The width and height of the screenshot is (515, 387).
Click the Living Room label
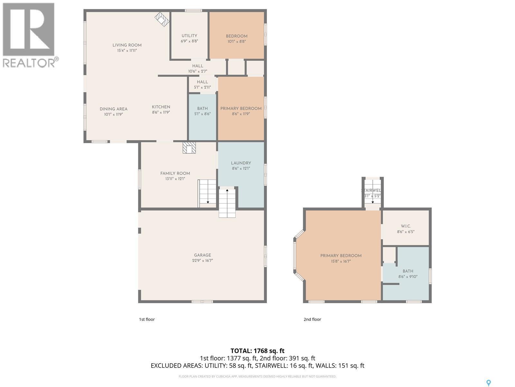[x=127, y=45]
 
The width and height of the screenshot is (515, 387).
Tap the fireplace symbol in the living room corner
[x=162, y=19]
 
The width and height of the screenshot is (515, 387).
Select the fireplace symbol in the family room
[x=189, y=148]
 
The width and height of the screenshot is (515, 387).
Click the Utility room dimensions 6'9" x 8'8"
[x=189, y=41]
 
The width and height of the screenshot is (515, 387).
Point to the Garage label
[x=202, y=255]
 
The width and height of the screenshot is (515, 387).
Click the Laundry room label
[x=241, y=163]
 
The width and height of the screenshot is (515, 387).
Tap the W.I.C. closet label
[x=406, y=226]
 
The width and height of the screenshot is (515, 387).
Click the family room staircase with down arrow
[x=207, y=193]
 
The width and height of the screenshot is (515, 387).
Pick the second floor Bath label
[x=408, y=271]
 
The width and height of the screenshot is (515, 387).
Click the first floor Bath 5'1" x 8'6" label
[x=202, y=111]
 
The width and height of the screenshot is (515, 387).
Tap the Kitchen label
[x=161, y=107]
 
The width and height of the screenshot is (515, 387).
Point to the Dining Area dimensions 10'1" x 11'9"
[x=113, y=114]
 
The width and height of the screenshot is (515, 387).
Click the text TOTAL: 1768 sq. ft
[x=257, y=351]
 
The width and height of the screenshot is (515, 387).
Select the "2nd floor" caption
[x=312, y=319]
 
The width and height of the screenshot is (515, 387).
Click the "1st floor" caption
[x=147, y=319]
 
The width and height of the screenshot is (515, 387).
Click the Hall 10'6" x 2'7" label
[x=198, y=68]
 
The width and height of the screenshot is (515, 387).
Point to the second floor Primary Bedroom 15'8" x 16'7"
[x=341, y=258]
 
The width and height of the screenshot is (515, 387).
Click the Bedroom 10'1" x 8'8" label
[x=237, y=38]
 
